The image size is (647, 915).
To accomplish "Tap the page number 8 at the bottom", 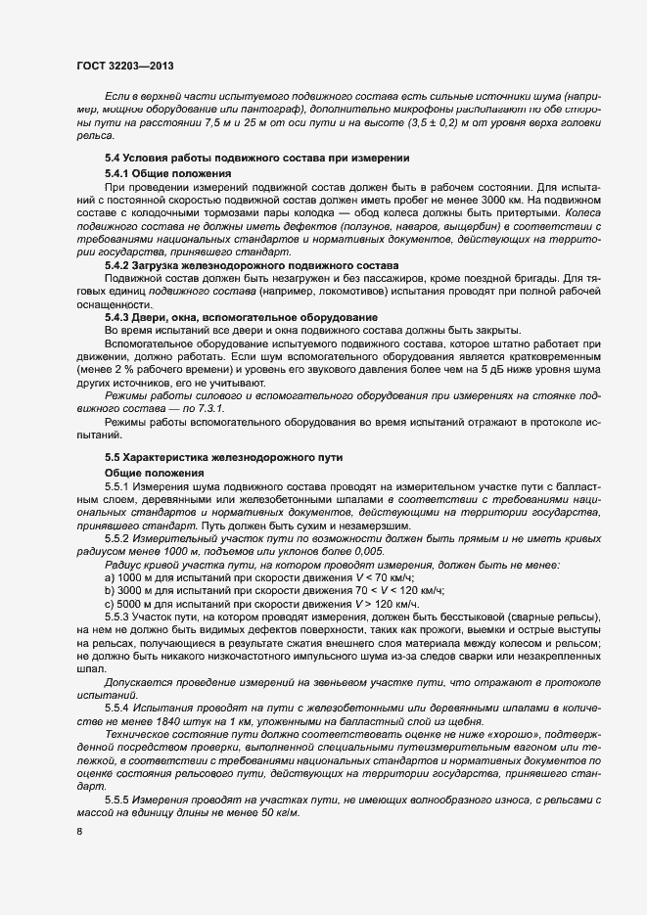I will (x=78, y=832).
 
